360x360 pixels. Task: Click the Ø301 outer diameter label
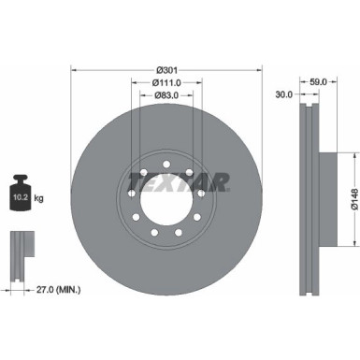165,69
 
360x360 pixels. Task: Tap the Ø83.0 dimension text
165,95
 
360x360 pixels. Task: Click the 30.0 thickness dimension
284,94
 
